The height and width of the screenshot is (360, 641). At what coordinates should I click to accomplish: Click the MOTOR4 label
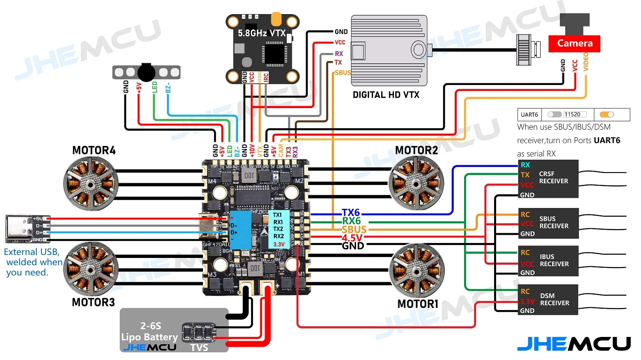click(94, 150)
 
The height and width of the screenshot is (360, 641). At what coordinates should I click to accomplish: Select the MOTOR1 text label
click(418, 304)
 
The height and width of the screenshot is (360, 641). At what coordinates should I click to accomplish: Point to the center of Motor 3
click(90, 269)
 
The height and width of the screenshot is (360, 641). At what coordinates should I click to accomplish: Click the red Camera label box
click(574, 43)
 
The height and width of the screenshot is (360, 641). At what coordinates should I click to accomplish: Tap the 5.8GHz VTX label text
click(262, 33)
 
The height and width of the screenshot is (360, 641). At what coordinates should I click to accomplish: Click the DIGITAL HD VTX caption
click(385, 95)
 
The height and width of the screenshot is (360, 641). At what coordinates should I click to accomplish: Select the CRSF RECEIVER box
click(548, 179)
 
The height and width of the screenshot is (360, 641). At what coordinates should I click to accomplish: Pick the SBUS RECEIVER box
click(548, 223)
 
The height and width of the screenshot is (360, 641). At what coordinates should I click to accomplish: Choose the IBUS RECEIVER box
click(548, 260)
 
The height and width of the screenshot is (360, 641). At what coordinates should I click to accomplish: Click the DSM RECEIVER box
click(548, 299)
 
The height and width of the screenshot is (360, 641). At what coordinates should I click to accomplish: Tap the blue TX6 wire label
click(351, 212)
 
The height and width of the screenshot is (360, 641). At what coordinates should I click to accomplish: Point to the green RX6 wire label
click(351, 221)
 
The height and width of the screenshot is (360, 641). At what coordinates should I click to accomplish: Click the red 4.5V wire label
click(352, 238)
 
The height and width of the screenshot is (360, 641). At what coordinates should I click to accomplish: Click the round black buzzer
click(146, 72)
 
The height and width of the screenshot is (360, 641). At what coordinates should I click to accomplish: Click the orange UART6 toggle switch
click(607, 114)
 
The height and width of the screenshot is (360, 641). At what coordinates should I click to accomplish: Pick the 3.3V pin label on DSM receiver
click(527, 301)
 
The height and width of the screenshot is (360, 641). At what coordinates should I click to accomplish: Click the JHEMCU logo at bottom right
click(573, 344)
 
